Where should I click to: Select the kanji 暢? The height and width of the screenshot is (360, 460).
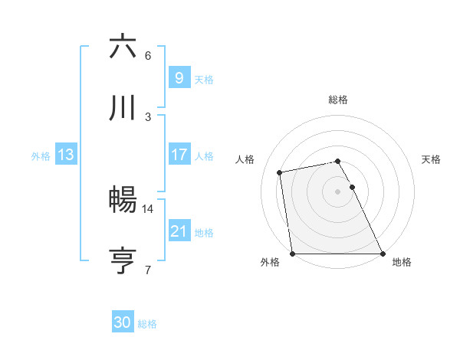123,200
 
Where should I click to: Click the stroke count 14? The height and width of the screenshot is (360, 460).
148,208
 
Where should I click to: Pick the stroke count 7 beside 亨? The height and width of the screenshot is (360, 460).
148,270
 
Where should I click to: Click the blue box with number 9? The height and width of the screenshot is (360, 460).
179,77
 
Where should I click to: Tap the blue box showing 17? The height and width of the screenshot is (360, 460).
179,155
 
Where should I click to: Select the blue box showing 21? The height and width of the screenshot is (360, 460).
179,231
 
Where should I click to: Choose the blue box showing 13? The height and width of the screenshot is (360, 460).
66,155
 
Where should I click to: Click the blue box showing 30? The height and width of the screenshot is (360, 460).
123,323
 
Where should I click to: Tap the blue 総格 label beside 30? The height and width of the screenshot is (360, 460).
147,324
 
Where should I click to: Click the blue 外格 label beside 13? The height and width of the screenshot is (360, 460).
41,155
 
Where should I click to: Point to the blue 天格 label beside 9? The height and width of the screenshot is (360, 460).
204,78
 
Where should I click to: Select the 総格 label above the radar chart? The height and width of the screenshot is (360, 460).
338,100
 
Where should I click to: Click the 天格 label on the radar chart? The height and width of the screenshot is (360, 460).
432,159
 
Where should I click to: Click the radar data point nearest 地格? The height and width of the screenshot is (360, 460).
383,254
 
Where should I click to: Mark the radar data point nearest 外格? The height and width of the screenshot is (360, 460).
293,254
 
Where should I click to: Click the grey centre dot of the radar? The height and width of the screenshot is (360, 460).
338,191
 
